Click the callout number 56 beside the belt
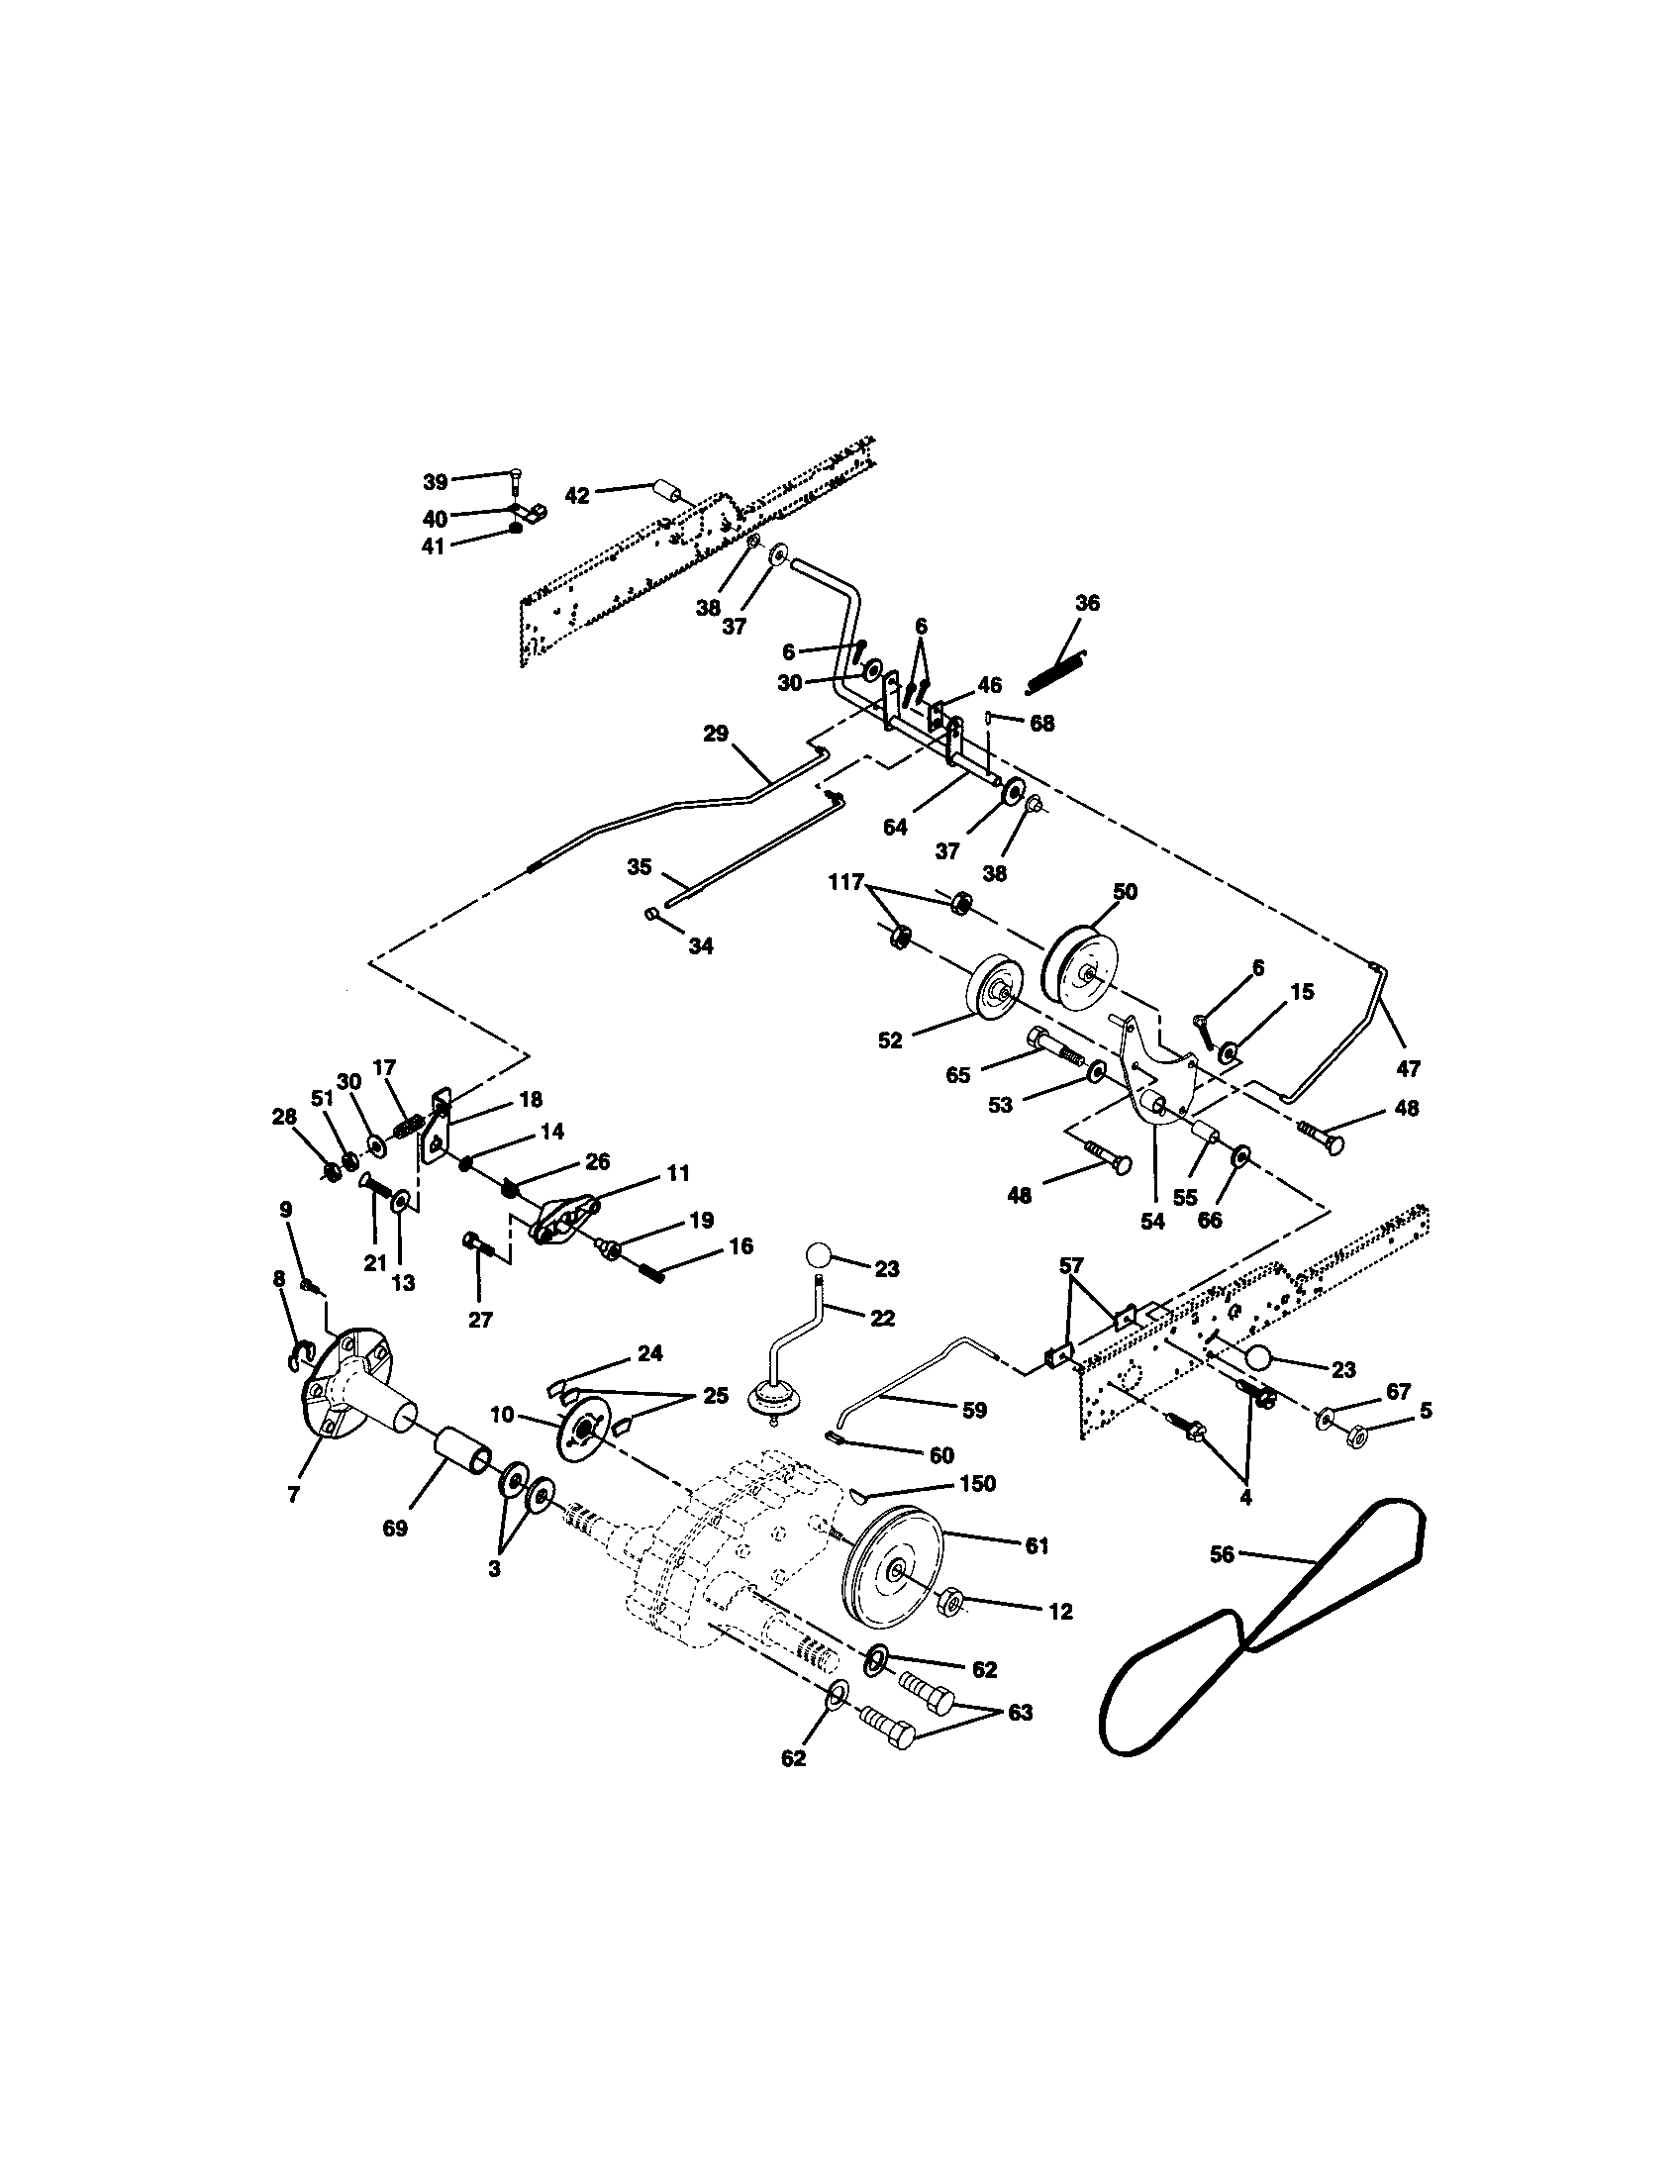1223,1554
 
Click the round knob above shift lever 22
820,1253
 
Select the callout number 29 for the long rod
716,735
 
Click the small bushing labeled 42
666,495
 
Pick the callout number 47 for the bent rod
1408,1069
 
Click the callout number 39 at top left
435,483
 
